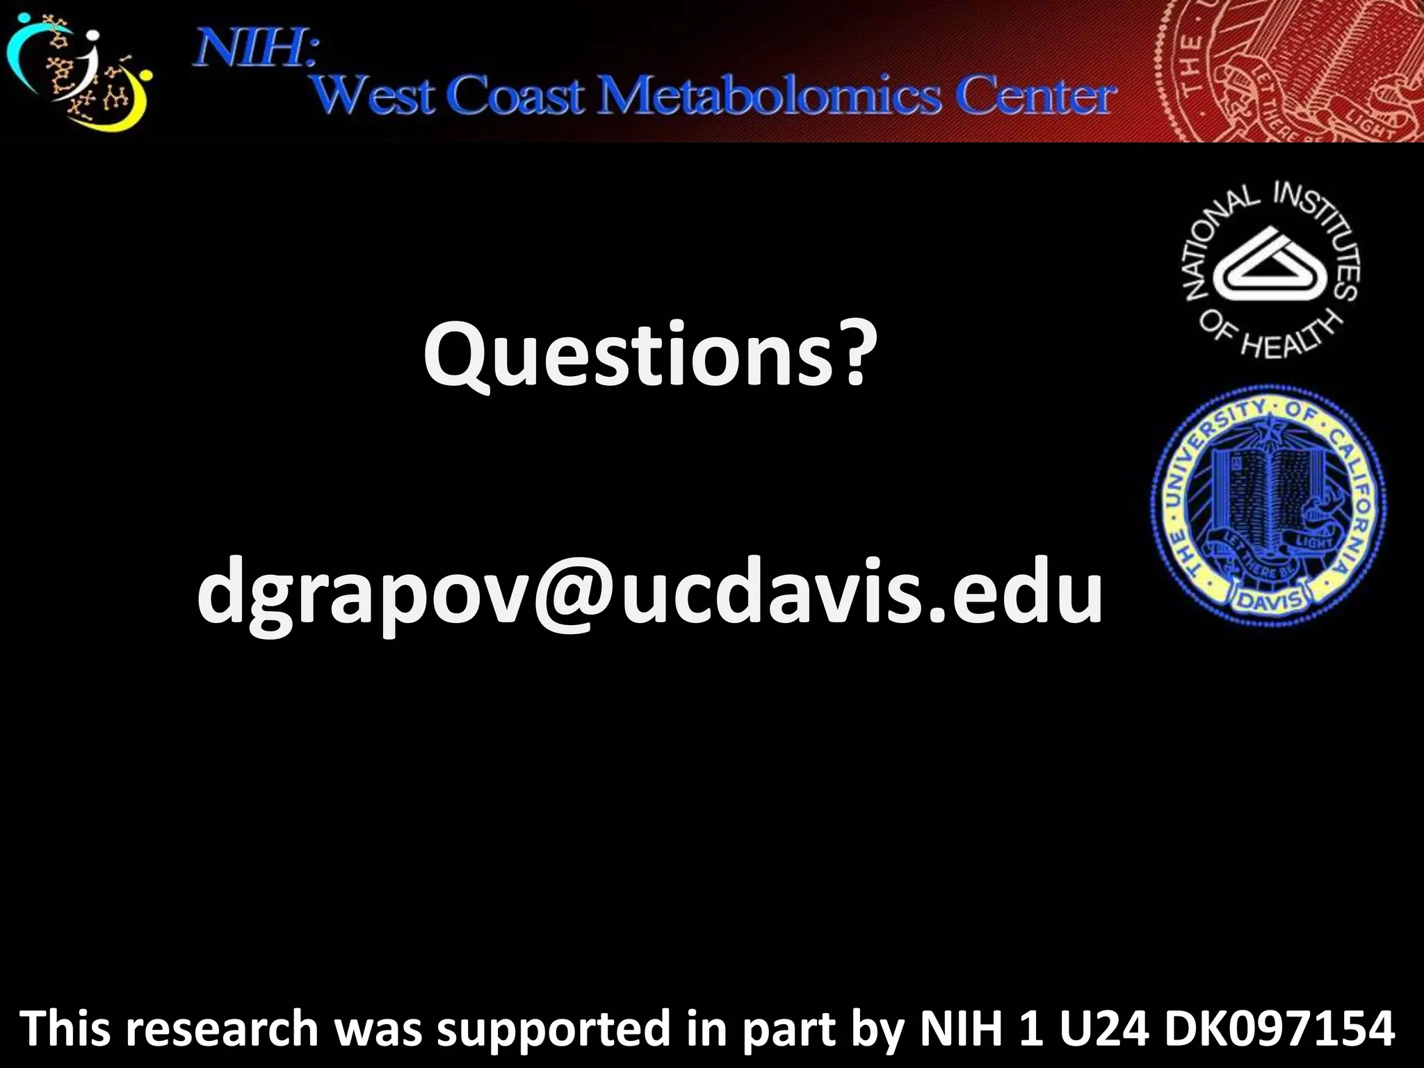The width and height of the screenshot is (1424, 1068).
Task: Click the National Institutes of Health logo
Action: [x=1272, y=271]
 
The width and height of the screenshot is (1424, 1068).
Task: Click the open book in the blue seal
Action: [x=1259, y=494]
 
